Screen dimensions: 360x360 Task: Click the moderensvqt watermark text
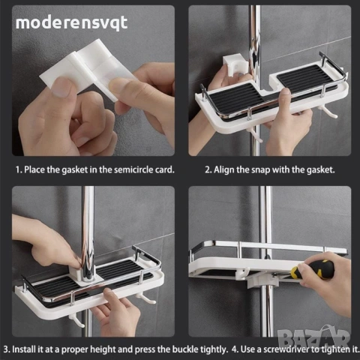[72, 23]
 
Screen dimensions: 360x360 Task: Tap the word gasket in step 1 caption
[74, 170]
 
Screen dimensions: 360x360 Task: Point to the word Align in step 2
[224, 170]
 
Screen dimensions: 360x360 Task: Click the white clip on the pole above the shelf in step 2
[235, 65]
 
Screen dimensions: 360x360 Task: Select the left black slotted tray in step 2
[234, 101]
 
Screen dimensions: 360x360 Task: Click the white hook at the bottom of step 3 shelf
[77, 321]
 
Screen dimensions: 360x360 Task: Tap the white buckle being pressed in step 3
[79, 274]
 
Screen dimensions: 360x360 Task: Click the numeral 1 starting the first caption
[17, 170]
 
